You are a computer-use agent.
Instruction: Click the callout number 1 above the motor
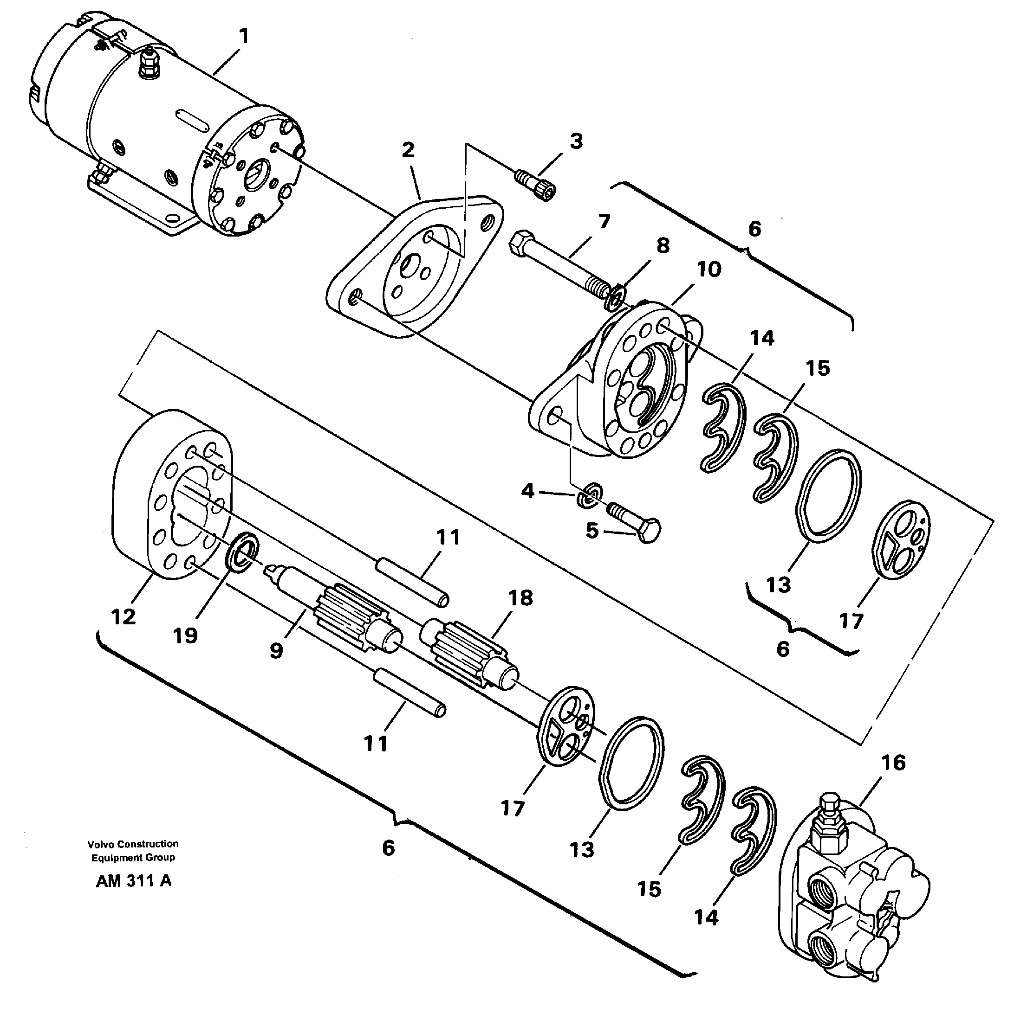[x=243, y=37]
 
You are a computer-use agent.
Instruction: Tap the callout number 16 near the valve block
[x=893, y=763]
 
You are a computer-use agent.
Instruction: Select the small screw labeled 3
[x=535, y=182]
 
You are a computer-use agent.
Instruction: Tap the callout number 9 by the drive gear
[x=276, y=651]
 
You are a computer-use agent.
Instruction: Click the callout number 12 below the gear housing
[x=123, y=616]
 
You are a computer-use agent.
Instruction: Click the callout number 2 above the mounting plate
[x=408, y=150]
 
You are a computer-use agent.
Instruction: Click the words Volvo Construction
[x=133, y=844]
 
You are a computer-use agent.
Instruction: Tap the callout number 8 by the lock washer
[x=663, y=245]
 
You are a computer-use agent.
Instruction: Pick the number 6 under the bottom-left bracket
[x=388, y=848]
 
